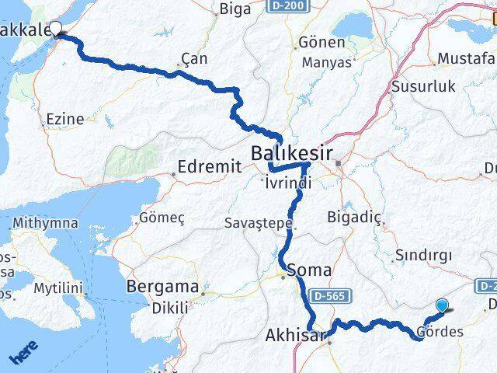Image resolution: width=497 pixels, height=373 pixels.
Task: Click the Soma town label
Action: click(x=309, y=270)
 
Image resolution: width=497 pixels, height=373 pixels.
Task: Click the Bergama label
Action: click(x=162, y=285)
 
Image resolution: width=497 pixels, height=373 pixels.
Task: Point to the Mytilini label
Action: click(x=57, y=289)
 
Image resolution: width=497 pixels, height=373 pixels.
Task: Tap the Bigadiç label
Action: click(x=356, y=217)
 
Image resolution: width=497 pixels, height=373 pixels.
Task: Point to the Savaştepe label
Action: click(x=259, y=223)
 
